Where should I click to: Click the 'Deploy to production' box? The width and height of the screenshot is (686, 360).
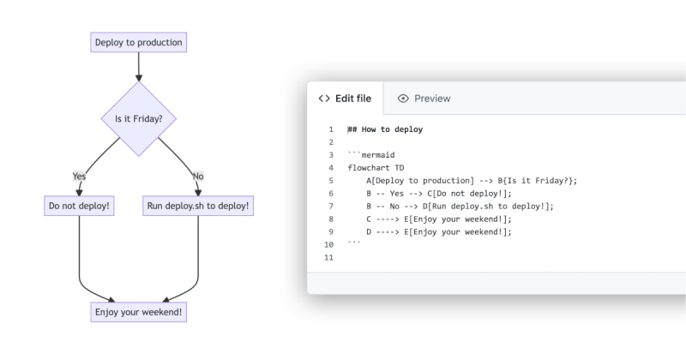coord(138,42)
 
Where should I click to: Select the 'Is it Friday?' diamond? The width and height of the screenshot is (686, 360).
coord(138,118)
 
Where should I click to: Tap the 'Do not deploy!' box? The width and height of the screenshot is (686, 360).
coord(79,206)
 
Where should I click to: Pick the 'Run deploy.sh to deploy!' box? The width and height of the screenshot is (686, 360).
coord(198,206)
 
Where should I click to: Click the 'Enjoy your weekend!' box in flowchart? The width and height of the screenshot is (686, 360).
coord(138,312)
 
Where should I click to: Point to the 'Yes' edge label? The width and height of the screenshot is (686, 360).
coord(79,176)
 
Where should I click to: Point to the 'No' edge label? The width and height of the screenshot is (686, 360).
coord(198,176)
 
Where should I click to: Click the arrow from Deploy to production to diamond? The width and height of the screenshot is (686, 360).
coord(138,67)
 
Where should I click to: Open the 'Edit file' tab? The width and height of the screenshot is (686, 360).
coord(345,99)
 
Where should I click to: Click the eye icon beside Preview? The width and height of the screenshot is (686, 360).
coord(403,99)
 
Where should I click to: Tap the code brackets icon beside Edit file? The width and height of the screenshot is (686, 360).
coord(324,99)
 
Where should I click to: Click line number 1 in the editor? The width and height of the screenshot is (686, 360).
coord(330,129)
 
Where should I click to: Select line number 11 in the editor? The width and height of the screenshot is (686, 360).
coord(328,257)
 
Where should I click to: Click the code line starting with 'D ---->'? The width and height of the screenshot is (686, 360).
coord(438,231)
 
